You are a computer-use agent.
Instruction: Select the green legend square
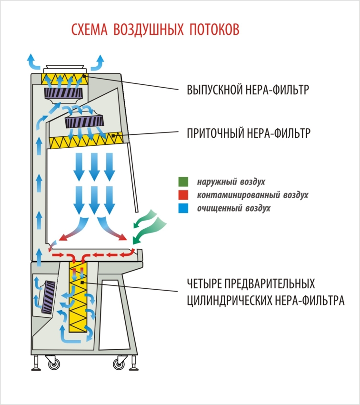183,182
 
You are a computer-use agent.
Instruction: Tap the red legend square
183,195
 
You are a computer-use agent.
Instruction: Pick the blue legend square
183,208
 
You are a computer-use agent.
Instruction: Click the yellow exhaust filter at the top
62,78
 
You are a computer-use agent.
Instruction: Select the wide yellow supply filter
86,142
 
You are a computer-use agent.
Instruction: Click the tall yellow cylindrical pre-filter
81,298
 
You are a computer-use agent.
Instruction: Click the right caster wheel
118,365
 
